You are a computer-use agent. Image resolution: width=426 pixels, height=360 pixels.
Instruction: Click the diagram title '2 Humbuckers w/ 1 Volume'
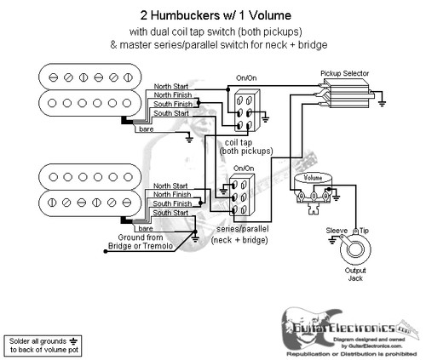tap(213, 14)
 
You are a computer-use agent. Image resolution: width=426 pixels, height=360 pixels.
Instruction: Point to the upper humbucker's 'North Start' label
tap(172, 87)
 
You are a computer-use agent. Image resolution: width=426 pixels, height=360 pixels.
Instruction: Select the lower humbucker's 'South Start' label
tap(170, 214)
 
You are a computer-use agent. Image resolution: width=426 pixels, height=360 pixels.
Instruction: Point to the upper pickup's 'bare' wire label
tap(147, 129)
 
